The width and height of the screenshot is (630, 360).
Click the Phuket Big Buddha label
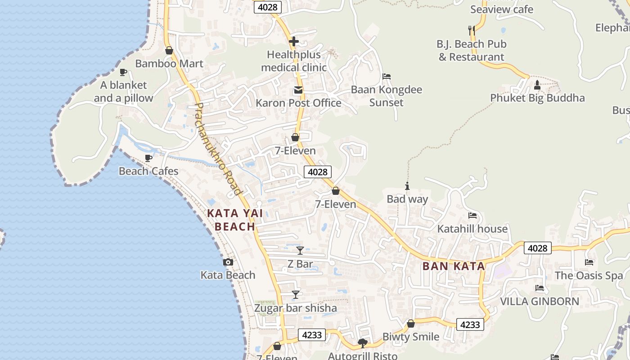(537, 98)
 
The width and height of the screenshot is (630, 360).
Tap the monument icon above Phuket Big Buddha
(537, 85)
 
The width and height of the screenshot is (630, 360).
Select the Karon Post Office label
(298, 103)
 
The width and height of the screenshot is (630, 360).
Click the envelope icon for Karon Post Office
(298, 90)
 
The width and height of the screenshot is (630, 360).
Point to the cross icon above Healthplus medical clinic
(294, 42)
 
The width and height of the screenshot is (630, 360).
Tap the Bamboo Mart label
(169, 63)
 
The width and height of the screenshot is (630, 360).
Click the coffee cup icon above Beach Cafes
(148, 158)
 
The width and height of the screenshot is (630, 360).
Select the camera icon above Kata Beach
(228, 262)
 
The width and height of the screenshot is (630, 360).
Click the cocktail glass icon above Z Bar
(300, 251)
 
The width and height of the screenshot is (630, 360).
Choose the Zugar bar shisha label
(296, 308)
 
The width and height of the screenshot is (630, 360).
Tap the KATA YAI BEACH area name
(235, 220)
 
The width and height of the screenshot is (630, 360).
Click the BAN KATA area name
(454, 266)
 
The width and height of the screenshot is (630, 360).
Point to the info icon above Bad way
(407, 186)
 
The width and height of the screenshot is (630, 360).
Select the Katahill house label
(472, 229)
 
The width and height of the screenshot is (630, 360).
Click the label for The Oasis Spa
(589, 275)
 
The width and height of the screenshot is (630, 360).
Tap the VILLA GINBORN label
(540, 301)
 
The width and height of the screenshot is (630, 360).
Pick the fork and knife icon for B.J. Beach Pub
(472, 30)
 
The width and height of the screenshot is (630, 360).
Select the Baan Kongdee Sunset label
(387, 96)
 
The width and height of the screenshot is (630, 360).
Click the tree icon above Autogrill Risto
(363, 343)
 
